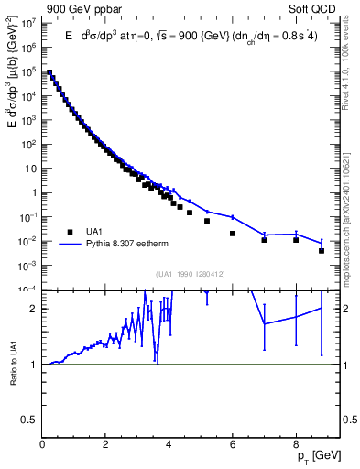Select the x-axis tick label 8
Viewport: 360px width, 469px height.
pos(296,448)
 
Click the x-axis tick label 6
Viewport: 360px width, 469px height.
pos(233,448)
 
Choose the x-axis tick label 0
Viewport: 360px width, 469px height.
pos(43,448)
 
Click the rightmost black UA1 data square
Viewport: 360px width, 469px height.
pos(322,250)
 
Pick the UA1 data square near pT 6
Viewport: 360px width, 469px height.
pos(233,233)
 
